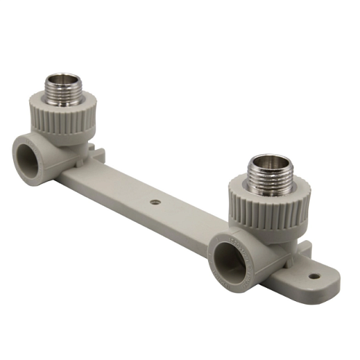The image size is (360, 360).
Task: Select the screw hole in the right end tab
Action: click(x=313, y=276)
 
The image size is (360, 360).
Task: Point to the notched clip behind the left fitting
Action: click(x=97, y=153)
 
